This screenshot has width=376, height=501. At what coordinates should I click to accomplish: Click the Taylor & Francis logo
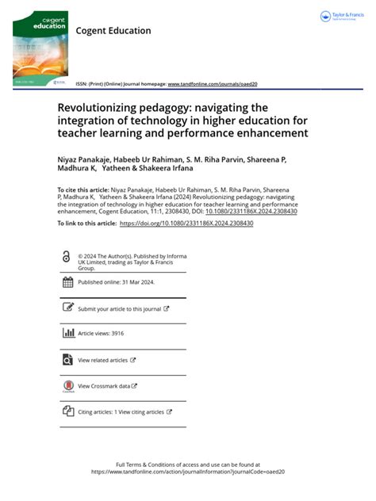point(340,16)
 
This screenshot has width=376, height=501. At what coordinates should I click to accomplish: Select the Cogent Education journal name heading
point(113,31)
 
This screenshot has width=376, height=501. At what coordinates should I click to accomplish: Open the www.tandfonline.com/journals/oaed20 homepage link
point(213,83)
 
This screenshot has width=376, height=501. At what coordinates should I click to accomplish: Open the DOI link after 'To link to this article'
point(186,224)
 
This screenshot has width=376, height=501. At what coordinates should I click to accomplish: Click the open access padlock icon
point(66,256)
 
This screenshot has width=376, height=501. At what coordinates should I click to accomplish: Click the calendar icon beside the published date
point(67,281)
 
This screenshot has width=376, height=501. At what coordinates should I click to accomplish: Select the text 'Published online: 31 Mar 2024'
point(115,281)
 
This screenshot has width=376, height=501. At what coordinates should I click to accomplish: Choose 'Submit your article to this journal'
point(121,308)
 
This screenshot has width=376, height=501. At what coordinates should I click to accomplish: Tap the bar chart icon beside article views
point(67,334)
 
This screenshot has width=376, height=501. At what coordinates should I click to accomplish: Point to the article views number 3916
point(117,334)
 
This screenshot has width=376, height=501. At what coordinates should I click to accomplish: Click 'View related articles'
point(103,360)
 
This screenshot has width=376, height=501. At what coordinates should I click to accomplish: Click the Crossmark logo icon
point(67,386)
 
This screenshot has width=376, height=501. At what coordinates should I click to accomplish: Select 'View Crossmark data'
point(105,386)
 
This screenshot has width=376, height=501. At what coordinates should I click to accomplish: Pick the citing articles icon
point(67,412)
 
